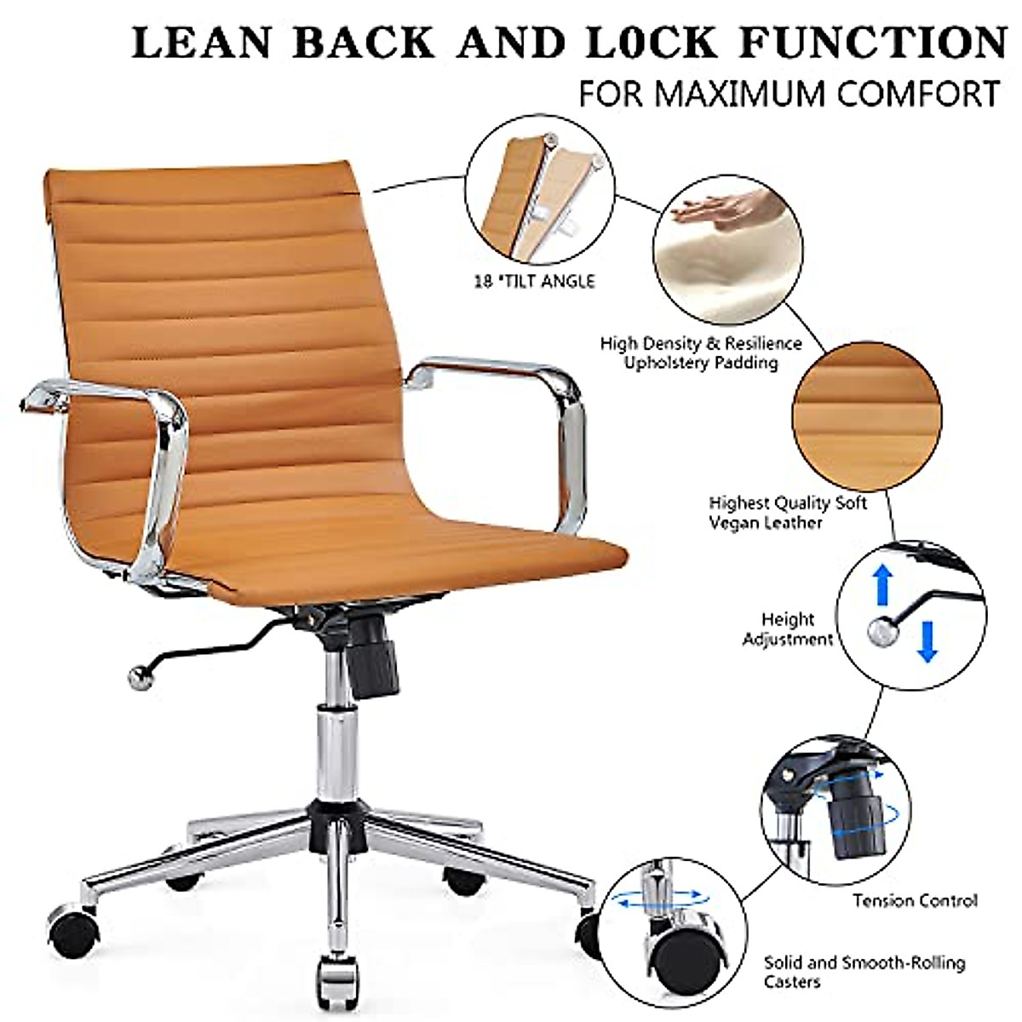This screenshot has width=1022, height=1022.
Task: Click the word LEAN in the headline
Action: coord(203,43)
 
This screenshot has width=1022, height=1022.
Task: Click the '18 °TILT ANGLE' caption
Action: coord(534,280)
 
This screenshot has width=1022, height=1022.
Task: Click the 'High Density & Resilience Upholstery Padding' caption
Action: coord(701,353)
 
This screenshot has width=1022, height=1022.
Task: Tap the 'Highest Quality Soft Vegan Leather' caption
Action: coord(787,513)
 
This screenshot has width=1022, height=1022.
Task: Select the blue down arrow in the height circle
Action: coord(927,640)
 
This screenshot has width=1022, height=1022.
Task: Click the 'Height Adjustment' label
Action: coord(787,629)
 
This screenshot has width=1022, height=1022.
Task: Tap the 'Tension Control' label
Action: coord(915,900)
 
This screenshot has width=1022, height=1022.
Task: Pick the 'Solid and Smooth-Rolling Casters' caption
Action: coord(864,972)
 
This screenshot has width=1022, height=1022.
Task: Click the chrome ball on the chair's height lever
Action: coord(137,677)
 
